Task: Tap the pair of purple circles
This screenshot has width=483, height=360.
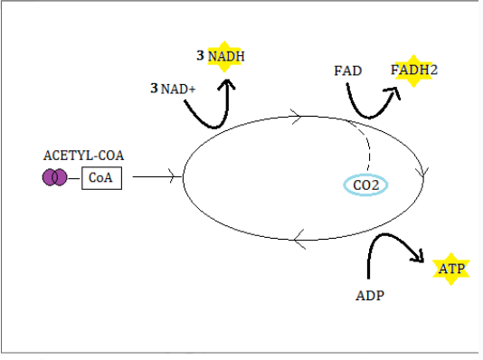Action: (54, 177)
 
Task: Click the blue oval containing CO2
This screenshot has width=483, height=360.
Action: (365, 185)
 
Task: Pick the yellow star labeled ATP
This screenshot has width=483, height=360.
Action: (450, 269)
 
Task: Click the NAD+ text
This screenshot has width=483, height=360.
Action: (172, 89)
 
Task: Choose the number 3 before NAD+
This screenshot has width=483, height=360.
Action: (154, 89)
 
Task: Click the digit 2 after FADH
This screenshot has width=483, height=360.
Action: (432, 70)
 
